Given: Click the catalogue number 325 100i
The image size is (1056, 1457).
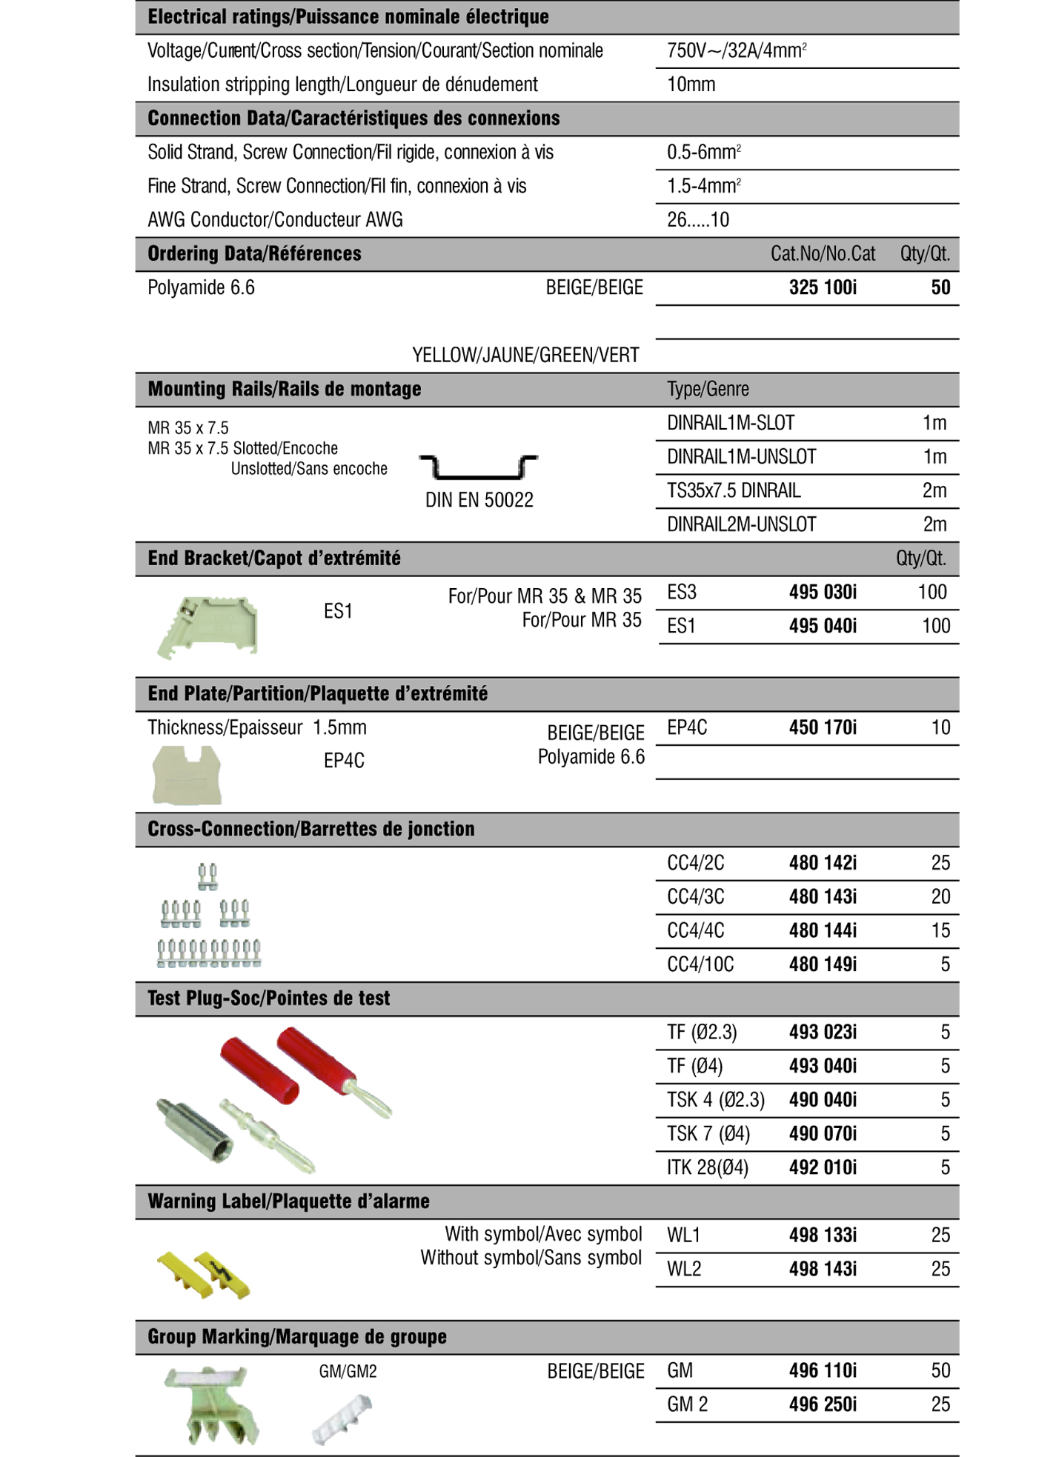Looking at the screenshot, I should [x=823, y=287].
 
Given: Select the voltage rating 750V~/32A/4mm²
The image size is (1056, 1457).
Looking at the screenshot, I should [x=737, y=51].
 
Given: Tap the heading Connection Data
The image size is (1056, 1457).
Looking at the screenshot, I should [x=353, y=119].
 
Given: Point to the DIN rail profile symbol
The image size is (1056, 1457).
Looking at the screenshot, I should [x=479, y=467].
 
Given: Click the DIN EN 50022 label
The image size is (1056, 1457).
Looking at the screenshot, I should [x=479, y=501].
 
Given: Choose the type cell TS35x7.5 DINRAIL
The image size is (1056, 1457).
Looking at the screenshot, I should [x=734, y=490].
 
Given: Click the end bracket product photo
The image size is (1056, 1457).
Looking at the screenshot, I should [x=208, y=627].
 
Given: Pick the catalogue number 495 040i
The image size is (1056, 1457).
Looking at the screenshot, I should [x=823, y=626].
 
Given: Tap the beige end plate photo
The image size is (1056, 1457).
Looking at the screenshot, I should [x=187, y=775].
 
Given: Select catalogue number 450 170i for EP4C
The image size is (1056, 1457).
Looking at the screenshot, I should [x=823, y=727].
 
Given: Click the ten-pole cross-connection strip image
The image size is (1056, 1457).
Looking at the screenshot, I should [x=209, y=953].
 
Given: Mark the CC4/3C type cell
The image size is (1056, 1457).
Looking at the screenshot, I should [x=695, y=897].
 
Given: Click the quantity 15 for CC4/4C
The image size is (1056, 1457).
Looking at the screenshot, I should [x=940, y=930].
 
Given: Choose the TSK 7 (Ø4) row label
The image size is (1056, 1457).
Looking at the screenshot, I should [x=708, y=1133].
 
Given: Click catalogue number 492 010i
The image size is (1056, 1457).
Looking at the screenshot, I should [x=823, y=1167].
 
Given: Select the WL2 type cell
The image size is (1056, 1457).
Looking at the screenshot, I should [x=683, y=1269].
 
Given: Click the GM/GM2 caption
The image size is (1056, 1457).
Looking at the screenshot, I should [x=348, y=1372].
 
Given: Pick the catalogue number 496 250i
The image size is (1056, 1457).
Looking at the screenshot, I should [x=823, y=1404].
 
